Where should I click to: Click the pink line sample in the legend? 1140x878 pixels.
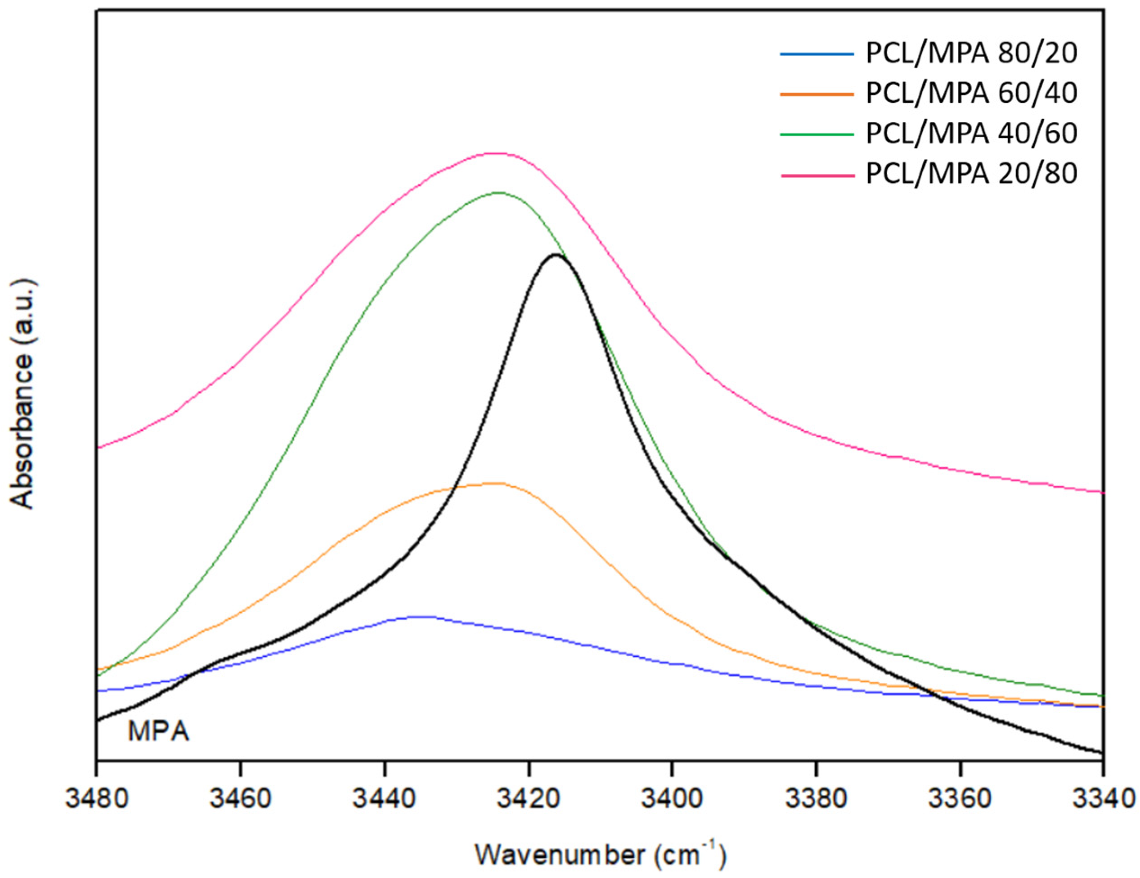817,175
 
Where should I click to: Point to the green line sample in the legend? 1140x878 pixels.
817,134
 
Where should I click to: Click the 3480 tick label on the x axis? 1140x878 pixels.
97,800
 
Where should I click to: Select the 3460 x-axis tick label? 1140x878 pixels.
240,800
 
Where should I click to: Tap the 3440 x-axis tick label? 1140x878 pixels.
384,800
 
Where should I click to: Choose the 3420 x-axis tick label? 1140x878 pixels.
528,800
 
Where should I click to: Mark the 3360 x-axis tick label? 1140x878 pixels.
960,800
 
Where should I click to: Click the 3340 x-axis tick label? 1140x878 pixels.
1102,800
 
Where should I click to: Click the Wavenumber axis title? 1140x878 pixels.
600,855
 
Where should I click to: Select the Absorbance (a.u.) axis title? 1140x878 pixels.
23,394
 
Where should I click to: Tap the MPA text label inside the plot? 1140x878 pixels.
158,731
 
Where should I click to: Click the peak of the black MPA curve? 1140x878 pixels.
556,254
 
